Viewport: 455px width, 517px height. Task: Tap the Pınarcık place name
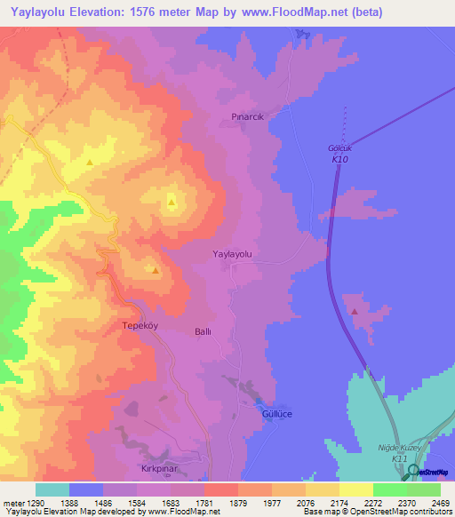249,116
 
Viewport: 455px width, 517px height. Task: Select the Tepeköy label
139,326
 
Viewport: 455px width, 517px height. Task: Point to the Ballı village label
203,331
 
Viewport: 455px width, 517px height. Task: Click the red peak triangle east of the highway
355,311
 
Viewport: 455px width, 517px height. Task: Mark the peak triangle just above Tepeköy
156,270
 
